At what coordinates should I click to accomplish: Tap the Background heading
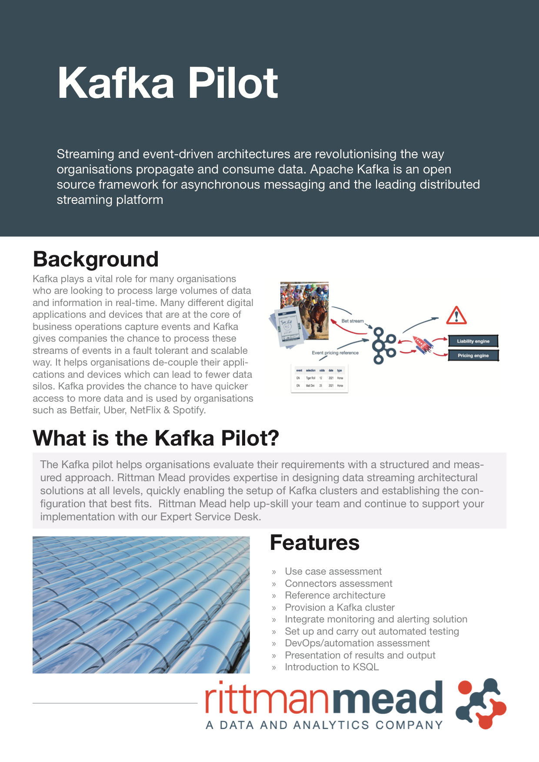[x=96, y=260]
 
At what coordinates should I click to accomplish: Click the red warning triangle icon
[x=456, y=316]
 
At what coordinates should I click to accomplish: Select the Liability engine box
[x=473, y=341]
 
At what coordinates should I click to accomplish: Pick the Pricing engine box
[x=473, y=356]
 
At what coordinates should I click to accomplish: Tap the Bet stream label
[x=353, y=321]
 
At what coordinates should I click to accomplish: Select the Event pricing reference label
[x=335, y=353]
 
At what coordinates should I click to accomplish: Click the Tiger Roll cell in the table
[x=310, y=378]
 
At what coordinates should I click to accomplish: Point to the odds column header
[x=322, y=371]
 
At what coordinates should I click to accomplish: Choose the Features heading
[x=315, y=543]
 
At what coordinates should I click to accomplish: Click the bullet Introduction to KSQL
[x=332, y=667]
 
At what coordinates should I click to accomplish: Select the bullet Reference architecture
[x=335, y=596]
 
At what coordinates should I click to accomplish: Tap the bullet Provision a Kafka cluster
[x=339, y=608]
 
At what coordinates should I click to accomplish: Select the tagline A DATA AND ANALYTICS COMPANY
[x=324, y=725]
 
